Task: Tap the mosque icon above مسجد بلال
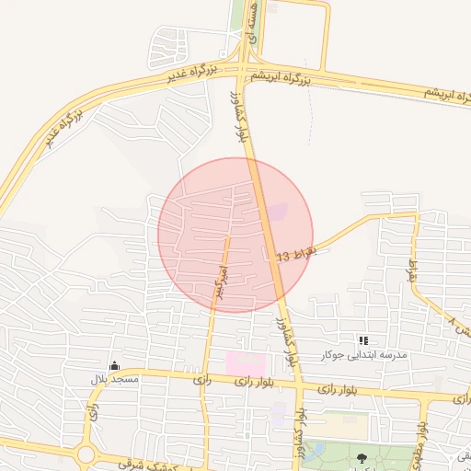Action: [x=113, y=366]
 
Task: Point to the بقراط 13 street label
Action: [x=295, y=255]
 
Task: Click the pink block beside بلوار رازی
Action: [x=245, y=362]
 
